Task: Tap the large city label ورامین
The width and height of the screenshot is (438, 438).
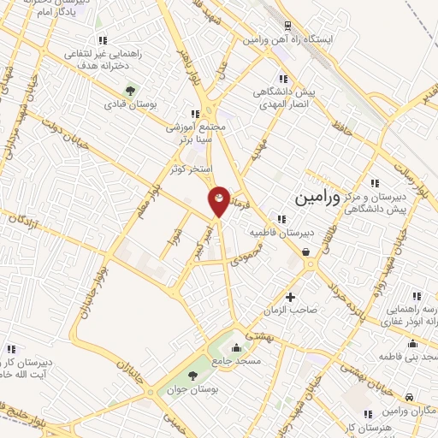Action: coord(317,197)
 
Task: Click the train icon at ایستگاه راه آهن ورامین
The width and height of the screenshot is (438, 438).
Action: coord(287,26)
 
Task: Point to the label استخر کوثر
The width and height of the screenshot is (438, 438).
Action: coord(190,169)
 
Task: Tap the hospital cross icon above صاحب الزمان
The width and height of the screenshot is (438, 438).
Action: coord(291,298)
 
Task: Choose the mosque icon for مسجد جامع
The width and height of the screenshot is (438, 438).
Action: coord(237,347)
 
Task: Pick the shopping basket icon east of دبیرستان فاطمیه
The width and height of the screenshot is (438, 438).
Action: coord(306,252)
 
